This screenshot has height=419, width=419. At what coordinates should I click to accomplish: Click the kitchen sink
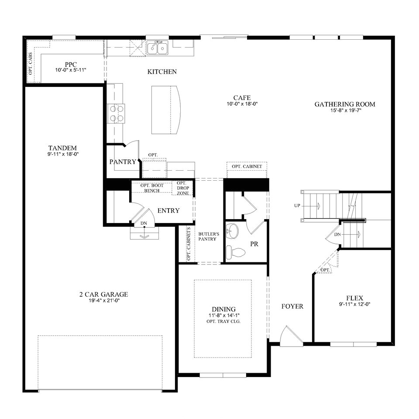click(x=158, y=47)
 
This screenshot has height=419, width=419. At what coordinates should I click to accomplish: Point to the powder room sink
click(x=234, y=231)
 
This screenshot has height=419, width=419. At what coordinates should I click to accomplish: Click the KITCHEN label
click(x=162, y=72)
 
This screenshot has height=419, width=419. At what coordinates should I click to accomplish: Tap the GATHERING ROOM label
click(x=345, y=104)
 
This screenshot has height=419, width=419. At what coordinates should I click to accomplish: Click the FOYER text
click(x=292, y=306)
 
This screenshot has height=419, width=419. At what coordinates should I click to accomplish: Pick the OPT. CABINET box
click(x=247, y=167)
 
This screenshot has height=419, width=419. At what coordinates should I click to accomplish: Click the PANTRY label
click(x=123, y=162)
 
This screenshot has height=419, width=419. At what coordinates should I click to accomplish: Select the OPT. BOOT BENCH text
click(x=152, y=188)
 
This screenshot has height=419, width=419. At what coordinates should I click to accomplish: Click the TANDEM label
click(x=63, y=148)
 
